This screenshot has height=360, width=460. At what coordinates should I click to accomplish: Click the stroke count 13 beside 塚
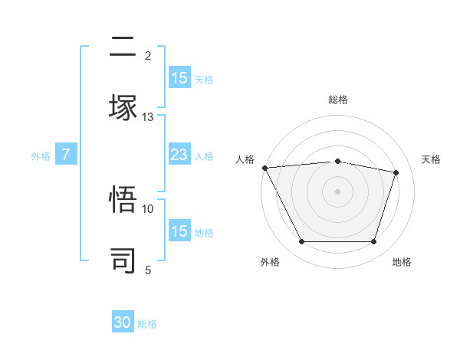click(x=148, y=116)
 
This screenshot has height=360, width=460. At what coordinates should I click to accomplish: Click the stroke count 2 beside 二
click(x=148, y=56)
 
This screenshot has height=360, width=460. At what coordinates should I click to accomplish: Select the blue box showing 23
click(x=179, y=155)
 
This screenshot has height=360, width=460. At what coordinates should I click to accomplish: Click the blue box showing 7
click(x=66, y=155)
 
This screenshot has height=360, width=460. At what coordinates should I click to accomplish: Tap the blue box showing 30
click(x=123, y=323)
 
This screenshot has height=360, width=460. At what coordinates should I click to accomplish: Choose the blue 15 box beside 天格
click(x=179, y=78)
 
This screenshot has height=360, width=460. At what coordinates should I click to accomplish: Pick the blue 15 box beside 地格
click(x=179, y=231)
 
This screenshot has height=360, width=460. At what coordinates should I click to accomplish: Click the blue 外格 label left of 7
click(x=41, y=156)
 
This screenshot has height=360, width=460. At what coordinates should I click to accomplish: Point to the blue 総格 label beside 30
click(x=147, y=324)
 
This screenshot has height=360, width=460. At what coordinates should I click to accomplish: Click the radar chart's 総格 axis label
click(x=338, y=100)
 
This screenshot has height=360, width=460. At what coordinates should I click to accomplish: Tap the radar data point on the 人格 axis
click(x=264, y=168)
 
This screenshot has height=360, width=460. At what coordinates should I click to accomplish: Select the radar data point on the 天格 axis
click(x=396, y=172)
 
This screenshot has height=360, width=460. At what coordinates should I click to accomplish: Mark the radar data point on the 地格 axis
click(x=374, y=242)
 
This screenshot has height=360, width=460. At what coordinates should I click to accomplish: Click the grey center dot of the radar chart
click(x=338, y=191)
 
